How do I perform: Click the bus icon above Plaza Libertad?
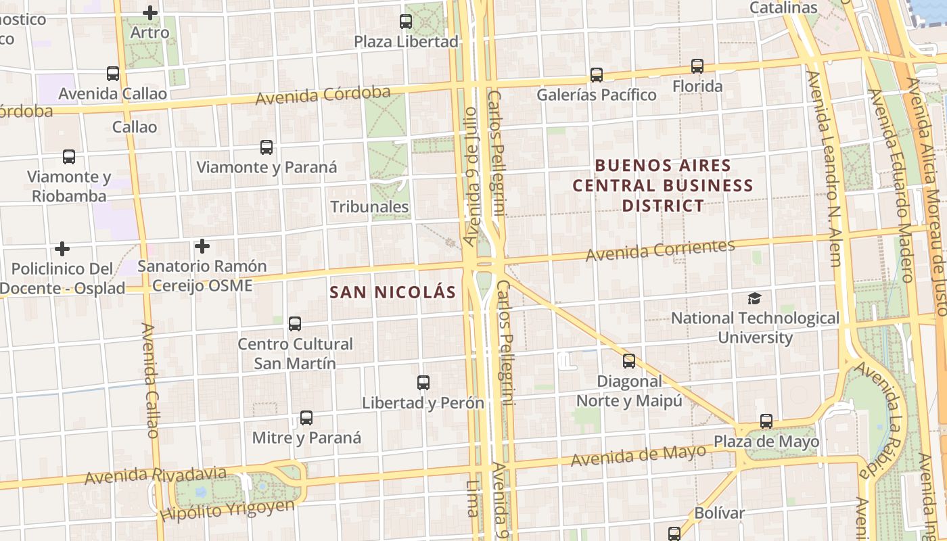406,22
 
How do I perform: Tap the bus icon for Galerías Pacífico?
596,75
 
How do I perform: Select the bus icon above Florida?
697,66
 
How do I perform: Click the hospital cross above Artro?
150,12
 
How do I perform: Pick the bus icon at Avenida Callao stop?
113,74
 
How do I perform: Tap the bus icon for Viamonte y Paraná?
267,147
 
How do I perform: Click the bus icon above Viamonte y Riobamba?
69,157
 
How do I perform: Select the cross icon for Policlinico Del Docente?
62,249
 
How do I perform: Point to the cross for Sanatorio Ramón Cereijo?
202,246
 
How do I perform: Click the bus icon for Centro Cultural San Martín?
295,324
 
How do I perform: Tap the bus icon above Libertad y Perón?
423,383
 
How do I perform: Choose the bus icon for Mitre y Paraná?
306,418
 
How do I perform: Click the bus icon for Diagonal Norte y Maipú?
629,361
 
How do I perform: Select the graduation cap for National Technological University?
754,298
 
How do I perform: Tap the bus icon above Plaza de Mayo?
766,421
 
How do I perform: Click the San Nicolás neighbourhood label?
392,293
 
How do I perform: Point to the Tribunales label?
369,207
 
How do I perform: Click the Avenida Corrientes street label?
660,250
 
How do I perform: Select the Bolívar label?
719,513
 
